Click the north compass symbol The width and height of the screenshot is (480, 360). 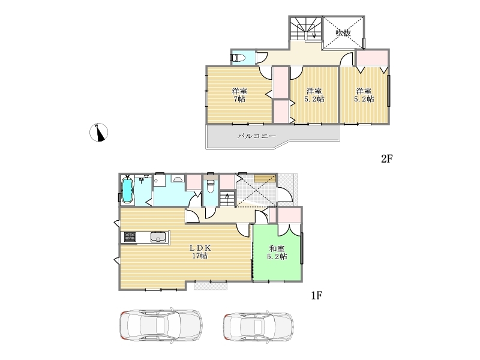pos(98,132)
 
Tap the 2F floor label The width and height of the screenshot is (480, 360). pos(386,158)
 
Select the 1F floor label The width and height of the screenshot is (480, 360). pos(317,295)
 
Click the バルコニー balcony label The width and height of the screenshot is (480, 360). pos(257,136)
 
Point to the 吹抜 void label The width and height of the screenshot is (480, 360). pos(343,33)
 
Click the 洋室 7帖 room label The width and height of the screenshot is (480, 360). pos(239,95)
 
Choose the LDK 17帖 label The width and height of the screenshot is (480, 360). pos(200,251)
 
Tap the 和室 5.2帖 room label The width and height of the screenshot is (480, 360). pos(277,253)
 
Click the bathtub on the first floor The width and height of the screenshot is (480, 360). pos(127,191)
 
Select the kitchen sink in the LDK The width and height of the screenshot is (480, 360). pos(158,237)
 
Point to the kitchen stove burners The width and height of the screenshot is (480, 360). pos(130,237)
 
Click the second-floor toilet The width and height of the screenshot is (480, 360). pos(237,58)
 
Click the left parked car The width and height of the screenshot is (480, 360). pos(161,325)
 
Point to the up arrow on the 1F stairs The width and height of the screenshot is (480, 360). pos(227,199)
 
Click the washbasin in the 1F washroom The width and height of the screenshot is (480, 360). pos(177,179)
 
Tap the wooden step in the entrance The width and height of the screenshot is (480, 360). pos(265,178)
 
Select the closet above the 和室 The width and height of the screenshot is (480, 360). pos(289,215)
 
